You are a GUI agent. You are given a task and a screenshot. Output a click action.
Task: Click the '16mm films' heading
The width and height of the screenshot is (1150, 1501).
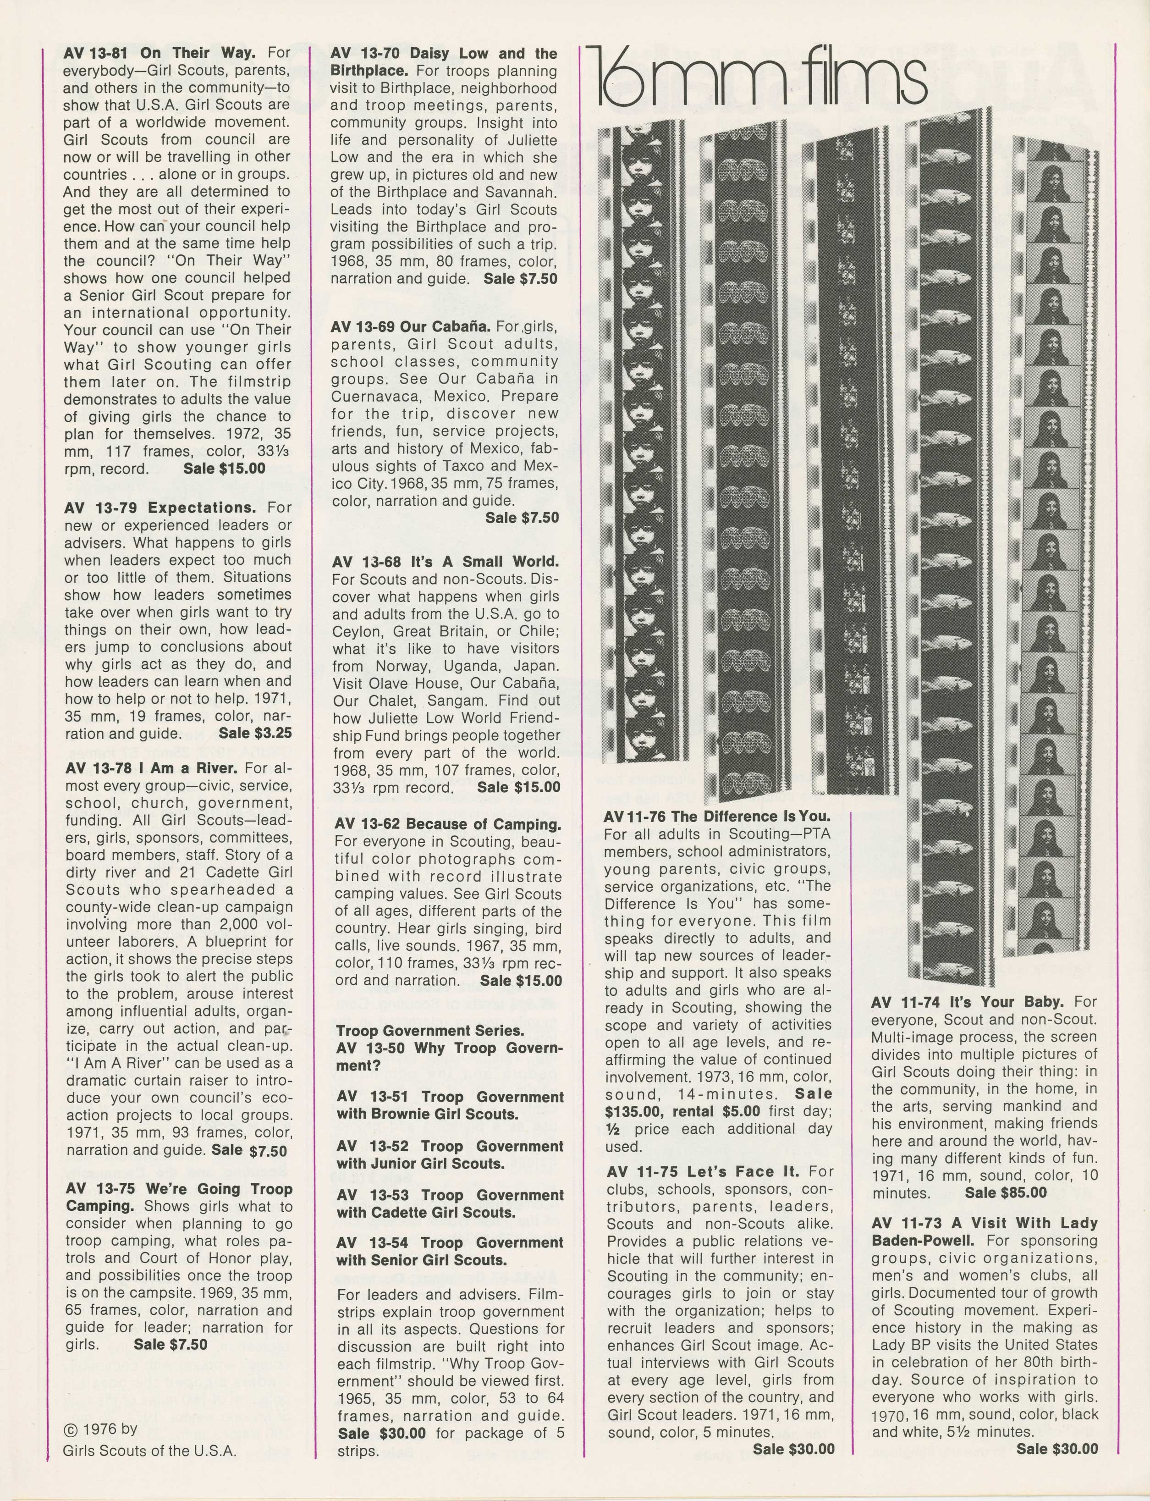[760, 82]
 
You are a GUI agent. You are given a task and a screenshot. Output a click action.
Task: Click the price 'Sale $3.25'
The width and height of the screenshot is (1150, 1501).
[255, 734]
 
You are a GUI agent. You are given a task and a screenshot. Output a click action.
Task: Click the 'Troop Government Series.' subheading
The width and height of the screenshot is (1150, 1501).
[430, 1031]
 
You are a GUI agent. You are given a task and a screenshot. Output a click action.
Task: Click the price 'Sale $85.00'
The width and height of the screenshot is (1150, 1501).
[1006, 1193]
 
